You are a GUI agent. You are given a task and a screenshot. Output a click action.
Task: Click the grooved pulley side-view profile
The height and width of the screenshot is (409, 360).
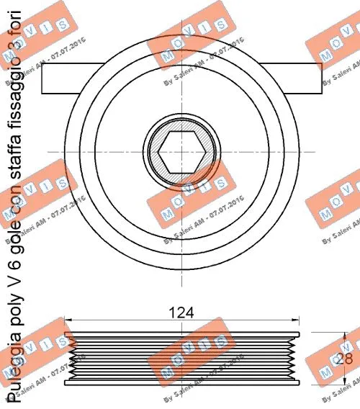[x=181, y=358]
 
